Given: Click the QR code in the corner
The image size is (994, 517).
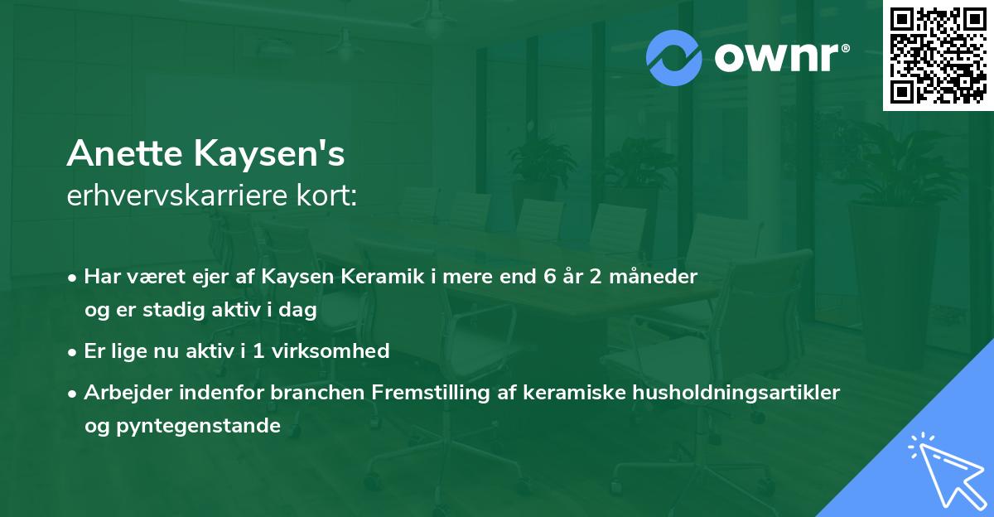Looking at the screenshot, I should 937,55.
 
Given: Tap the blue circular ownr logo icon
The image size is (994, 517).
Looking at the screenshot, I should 674,58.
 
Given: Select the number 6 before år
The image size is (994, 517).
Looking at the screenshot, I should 549,276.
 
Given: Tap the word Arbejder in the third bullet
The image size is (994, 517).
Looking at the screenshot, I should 123,393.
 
